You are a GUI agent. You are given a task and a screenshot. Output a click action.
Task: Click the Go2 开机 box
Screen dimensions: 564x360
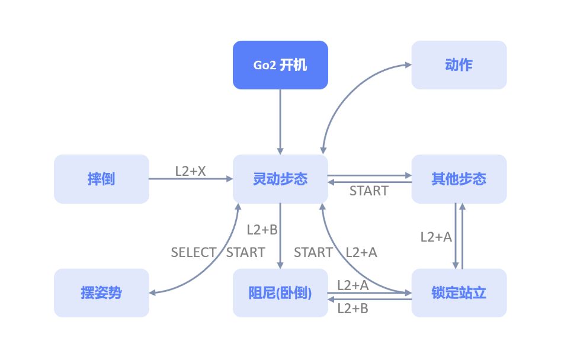[x=280, y=65]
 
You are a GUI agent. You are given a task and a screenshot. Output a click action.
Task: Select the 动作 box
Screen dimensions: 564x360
[x=459, y=65]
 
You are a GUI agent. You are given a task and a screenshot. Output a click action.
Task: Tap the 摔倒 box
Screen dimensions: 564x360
[x=101, y=179]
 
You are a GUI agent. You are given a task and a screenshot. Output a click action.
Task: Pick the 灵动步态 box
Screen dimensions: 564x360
[x=280, y=179]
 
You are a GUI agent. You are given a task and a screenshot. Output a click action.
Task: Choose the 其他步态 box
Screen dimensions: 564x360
[x=459, y=179]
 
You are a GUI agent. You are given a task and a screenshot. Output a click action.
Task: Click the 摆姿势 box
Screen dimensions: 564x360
[x=101, y=292]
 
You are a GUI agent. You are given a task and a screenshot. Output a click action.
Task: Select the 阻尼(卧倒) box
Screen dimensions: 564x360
[x=280, y=292]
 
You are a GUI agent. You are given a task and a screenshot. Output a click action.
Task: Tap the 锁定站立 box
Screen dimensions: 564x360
[x=459, y=292]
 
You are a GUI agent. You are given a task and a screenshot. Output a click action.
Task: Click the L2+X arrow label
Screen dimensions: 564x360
[x=190, y=171]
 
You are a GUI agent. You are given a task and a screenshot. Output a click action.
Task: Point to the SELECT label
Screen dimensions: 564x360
[x=194, y=252]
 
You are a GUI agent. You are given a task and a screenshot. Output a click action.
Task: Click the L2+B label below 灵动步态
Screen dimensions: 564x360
[x=262, y=230]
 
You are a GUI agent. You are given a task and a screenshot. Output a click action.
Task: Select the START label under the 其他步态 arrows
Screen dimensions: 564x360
[x=369, y=191]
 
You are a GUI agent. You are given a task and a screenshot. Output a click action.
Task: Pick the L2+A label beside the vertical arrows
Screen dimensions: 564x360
[x=436, y=237]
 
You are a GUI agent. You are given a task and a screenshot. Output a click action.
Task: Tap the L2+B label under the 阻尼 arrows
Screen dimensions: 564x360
[x=353, y=308]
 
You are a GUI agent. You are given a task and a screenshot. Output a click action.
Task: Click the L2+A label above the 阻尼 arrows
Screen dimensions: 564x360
[x=353, y=285]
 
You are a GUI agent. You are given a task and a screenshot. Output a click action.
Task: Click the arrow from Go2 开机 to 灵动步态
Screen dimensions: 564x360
[x=280, y=122]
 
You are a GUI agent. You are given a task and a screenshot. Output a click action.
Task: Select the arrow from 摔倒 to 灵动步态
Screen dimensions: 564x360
[x=191, y=179]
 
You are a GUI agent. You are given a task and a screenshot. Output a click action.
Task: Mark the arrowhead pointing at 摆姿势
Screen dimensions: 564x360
[x=152, y=292]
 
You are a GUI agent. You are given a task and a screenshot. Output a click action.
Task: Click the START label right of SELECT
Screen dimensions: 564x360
[x=246, y=252]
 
